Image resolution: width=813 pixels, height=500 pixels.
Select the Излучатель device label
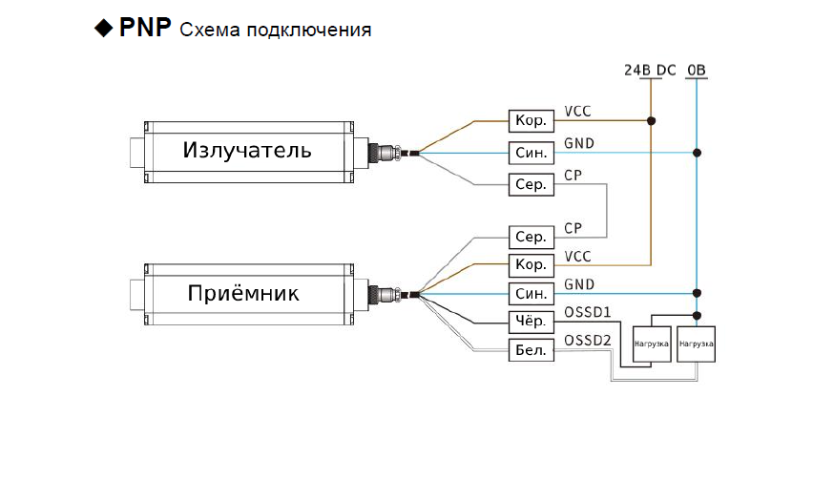click(x=247, y=151)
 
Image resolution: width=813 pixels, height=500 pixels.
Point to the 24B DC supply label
click(x=650, y=71)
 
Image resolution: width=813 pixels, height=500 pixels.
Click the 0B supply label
click(x=697, y=71)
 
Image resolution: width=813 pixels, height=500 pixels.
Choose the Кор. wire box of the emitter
click(x=531, y=120)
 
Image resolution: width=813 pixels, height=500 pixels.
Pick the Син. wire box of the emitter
click(x=531, y=153)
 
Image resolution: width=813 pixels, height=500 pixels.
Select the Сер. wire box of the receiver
click(x=531, y=237)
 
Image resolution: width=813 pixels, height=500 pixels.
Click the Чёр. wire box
click(x=531, y=322)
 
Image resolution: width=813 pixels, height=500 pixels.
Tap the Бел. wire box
click(x=531, y=350)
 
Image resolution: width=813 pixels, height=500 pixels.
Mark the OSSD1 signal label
click(x=588, y=312)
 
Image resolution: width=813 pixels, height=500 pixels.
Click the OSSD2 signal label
click(x=588, y=341)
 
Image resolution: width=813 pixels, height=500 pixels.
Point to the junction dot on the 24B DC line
click(x=652, y=121)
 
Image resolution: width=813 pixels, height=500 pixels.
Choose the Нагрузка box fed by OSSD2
click(x=696, y=343)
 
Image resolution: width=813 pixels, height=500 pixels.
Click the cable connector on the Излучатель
click(x=386, y=152)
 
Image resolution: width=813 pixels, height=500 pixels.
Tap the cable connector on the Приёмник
click(x=386, y=293)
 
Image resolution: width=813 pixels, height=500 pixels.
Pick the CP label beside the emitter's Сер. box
click(x=573, y=176)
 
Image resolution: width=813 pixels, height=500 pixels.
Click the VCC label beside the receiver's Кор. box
click(x=578, y=256)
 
